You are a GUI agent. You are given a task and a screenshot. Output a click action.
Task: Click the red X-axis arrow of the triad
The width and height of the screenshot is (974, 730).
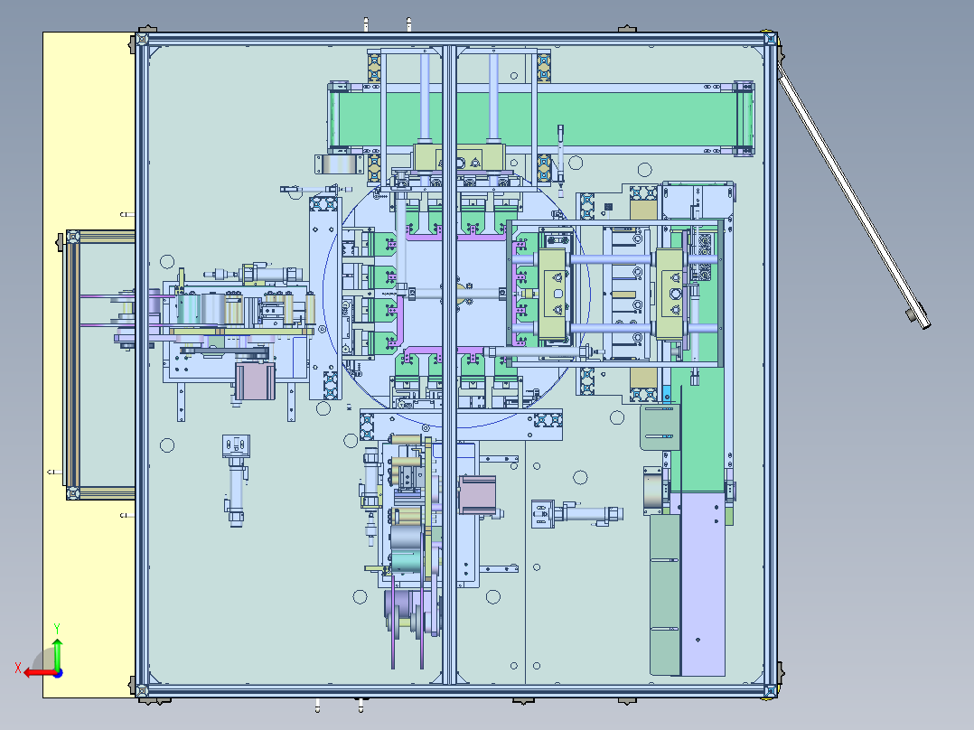34,672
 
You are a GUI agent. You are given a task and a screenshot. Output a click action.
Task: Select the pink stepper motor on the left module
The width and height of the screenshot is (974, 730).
252,379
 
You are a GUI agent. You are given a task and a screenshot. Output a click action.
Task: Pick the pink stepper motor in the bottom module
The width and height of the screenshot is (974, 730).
477,494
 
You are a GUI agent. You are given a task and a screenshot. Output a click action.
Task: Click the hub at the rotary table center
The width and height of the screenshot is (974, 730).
457,292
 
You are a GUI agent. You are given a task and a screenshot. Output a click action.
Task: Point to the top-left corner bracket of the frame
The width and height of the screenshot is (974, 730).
141,42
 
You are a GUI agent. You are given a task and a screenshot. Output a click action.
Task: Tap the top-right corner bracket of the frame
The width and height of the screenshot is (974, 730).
769,41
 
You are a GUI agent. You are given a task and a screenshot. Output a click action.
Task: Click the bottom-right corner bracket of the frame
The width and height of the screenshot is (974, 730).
770,690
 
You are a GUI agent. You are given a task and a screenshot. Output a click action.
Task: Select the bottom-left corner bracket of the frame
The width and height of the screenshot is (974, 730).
141,690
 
